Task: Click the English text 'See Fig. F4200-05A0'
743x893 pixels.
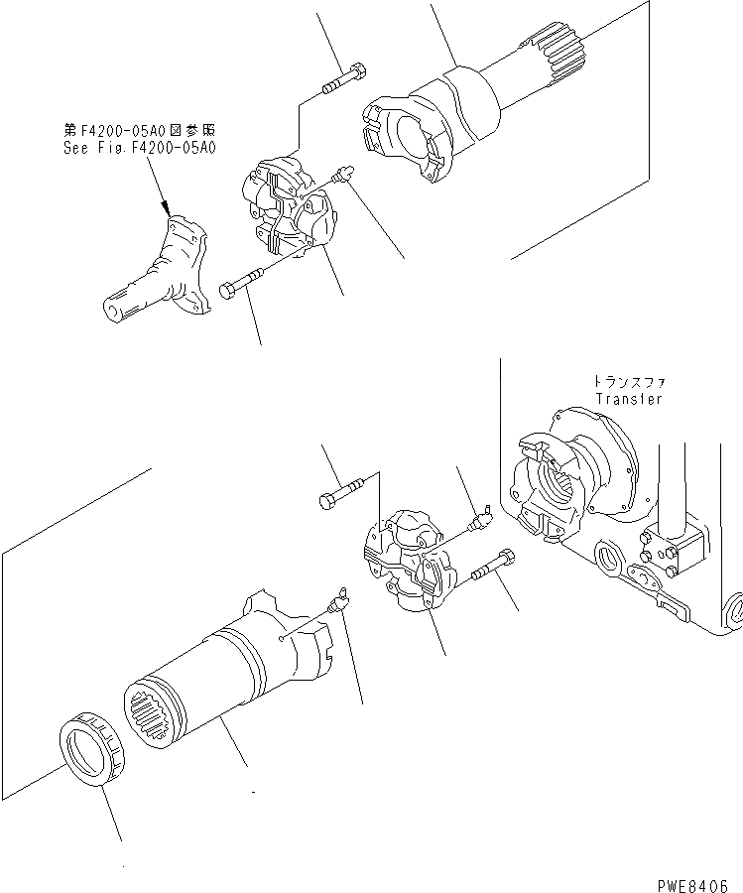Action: coord(139,148)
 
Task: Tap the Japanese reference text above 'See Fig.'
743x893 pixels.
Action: coord(139,131)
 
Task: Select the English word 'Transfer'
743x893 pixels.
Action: coord(628,399)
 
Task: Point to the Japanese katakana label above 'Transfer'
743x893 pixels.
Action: coord(628,382)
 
